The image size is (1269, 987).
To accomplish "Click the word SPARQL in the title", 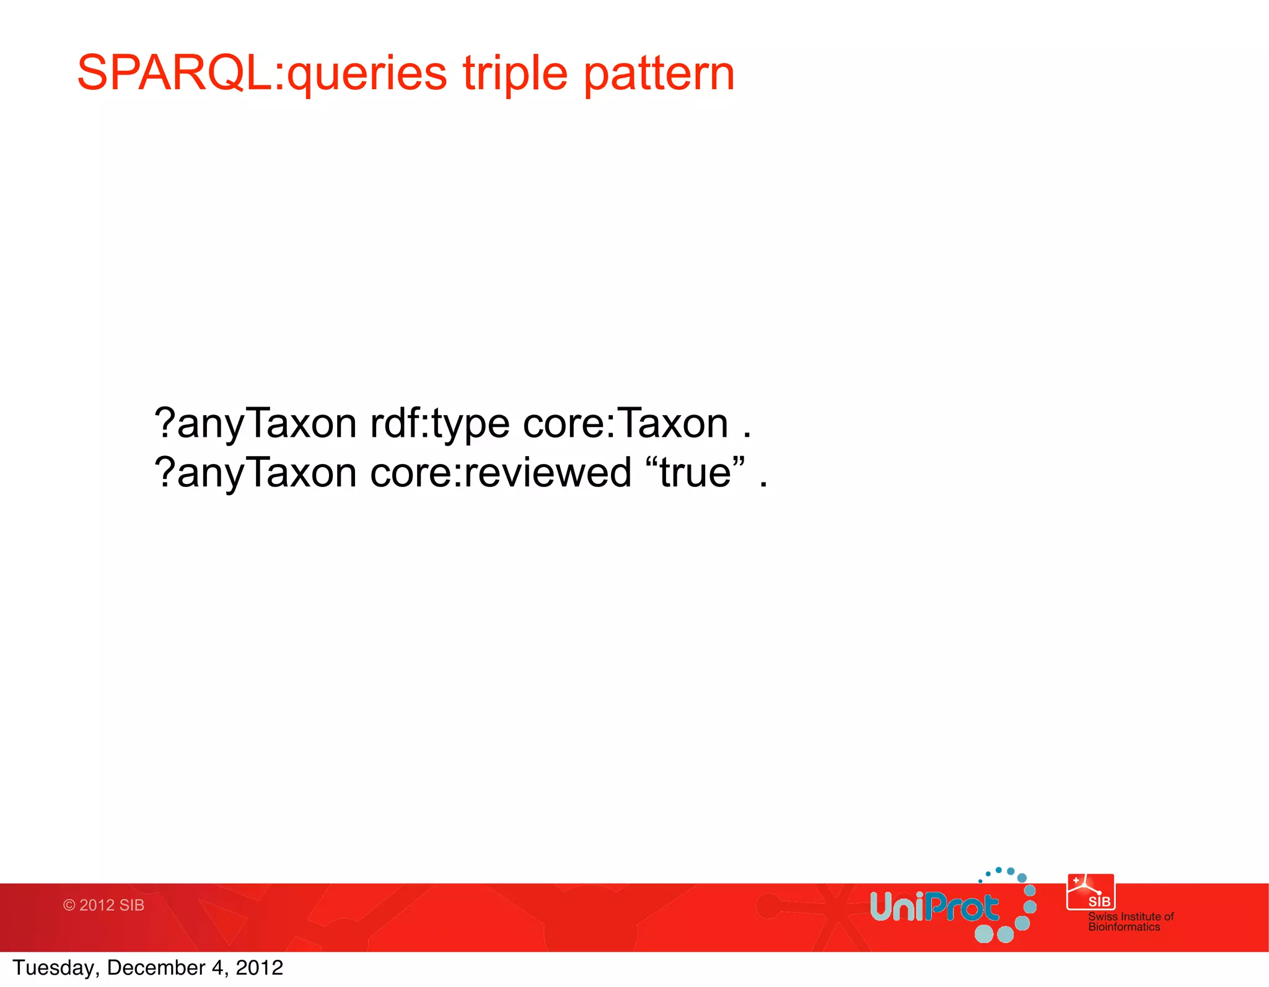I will pyautogui.click(x=173, y=73).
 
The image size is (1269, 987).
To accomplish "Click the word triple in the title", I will pyautogui.click(x=515, y=73).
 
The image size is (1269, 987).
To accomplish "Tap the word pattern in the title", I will pyautogui.click(x=659, y=73).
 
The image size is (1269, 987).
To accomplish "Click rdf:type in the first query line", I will pyautogui.click(x=440, y=425).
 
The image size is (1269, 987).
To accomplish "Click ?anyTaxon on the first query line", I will pyautogui.click(x=255, y=425).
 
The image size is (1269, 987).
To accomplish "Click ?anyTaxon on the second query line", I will pyautogui.click(x=255, y=474).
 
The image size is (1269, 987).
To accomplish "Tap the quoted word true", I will pyautogui.click(x=695, y=473).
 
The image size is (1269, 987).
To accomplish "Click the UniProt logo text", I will pyautogui.click(x=934, y=908).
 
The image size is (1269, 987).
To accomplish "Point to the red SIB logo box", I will pyautogui.click(x=1091, y=892).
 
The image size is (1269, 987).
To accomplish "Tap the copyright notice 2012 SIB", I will pyautogui.click(x=103, y=905).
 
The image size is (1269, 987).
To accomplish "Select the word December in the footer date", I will pyautogui.click(x=156, y=968).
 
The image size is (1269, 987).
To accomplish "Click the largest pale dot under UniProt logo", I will pyautogui.click(x=983, y=933).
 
